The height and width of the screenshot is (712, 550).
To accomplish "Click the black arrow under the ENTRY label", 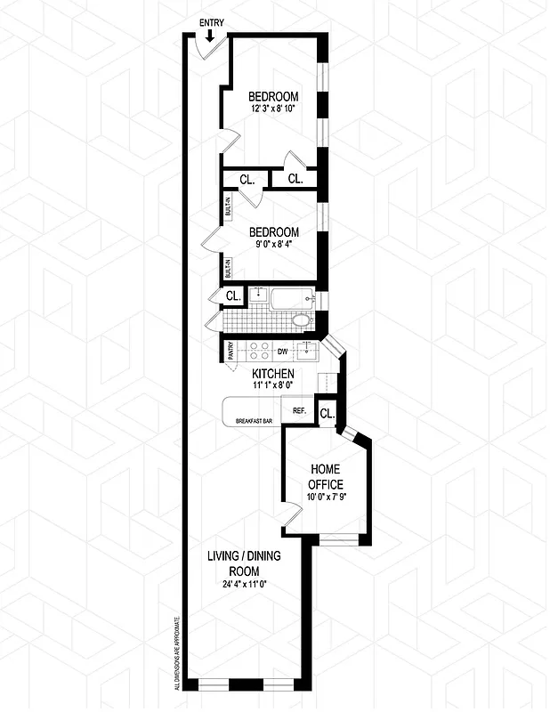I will click(209, 36).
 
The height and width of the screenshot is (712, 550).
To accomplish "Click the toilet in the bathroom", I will click(300, 321).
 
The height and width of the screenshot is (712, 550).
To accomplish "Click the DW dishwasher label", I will click(284, 351).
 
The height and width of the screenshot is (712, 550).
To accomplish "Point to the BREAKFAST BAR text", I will click(253, 419).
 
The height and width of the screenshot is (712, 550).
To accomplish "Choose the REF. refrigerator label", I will click(299, 411).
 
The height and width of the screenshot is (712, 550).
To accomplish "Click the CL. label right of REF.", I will click(327, 414).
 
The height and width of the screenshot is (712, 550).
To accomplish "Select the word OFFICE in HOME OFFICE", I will click(326, 483).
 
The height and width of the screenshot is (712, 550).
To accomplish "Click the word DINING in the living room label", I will click(259, 557).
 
